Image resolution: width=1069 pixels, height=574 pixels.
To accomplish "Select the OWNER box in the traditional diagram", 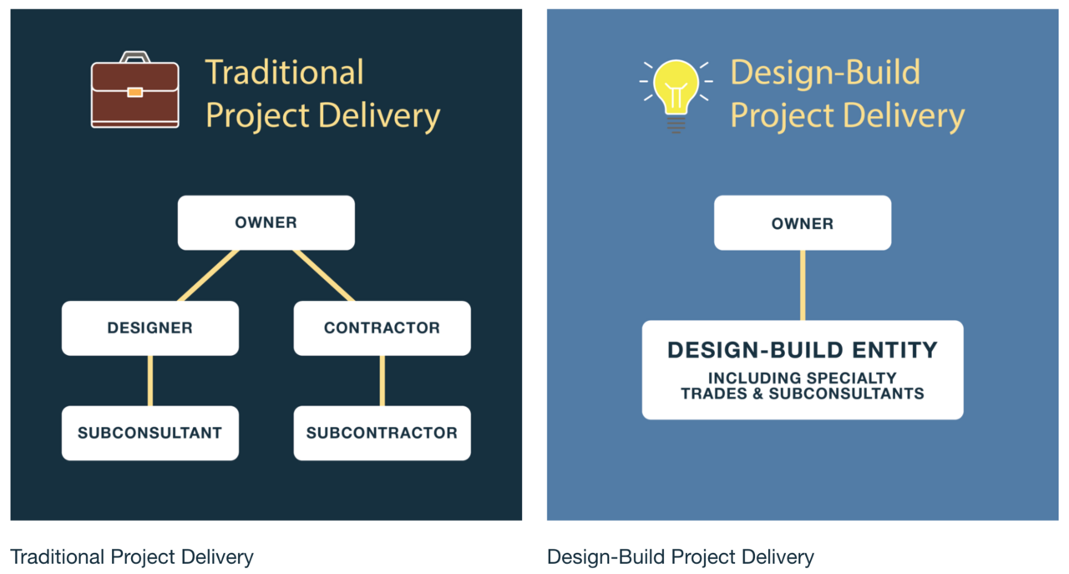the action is pyautogui.click(x=266, y=222).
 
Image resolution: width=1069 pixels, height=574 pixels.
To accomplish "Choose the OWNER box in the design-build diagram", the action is pyautogui.click(x=803, y=222).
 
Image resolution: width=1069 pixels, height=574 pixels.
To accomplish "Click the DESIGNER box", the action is pyautogui.click(x=149, y=328).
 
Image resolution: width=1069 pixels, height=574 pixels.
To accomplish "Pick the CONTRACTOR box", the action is pyautogui.click(x=382, y=328).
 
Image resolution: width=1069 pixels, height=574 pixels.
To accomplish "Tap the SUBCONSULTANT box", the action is pyautogui.click(x=149, y=433).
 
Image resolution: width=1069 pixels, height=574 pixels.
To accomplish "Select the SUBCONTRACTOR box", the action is pyautogui.click(x=382, y=433).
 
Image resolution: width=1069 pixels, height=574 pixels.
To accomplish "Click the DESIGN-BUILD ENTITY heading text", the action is pyautogui.click(x=803, y=350).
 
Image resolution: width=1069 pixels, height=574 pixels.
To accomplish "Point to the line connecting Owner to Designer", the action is pyautogui.click(x=208, y=276).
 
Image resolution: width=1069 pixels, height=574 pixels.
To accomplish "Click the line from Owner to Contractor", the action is pyautogui.click(x=323, y=276).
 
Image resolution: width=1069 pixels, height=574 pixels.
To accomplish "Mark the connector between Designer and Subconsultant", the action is pyautogui.click(x=150, y=381).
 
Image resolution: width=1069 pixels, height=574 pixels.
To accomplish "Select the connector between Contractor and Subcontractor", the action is pyautogui.click(x=383, y=381).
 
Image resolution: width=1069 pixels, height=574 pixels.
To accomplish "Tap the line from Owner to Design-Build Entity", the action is pyautogui.click(x=803, y=285).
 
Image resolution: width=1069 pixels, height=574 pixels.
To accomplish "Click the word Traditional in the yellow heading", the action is pyautogui.click(x=285, y=73).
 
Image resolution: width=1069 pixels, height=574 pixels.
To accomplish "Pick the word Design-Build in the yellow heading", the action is pyautogui.click(x=825, y=73).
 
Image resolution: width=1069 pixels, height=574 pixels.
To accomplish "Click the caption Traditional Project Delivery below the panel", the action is pyautogui.click(x=132, y=557).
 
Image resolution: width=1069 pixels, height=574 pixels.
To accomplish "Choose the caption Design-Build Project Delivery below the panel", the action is pyautogui.click(x=680, y=557).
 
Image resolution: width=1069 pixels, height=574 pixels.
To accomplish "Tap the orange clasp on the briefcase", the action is pyautogui.click(x=135, y=92).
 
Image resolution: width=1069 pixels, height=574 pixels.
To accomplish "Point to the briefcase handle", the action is pyautogui.click(x=135, y=56).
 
